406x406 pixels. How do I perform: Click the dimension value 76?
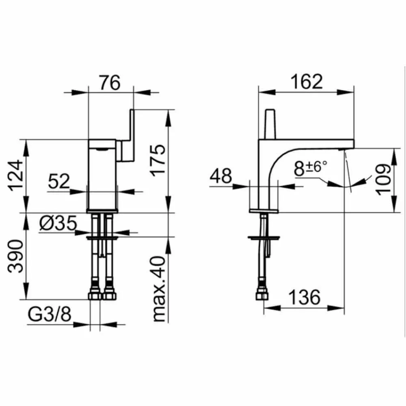pos(110,82)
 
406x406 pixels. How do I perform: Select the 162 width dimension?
pos(307,82)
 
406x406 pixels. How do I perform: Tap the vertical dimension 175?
pos(158,160)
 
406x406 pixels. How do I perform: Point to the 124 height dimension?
pos(16,175)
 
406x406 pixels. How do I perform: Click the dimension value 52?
pos(59,181)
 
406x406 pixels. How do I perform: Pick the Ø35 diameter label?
pos(58,223)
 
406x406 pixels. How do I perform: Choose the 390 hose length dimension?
pos(15,256)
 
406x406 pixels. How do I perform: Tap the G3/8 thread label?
pos(49,314)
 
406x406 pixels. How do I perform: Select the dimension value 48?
pos(221,176)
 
